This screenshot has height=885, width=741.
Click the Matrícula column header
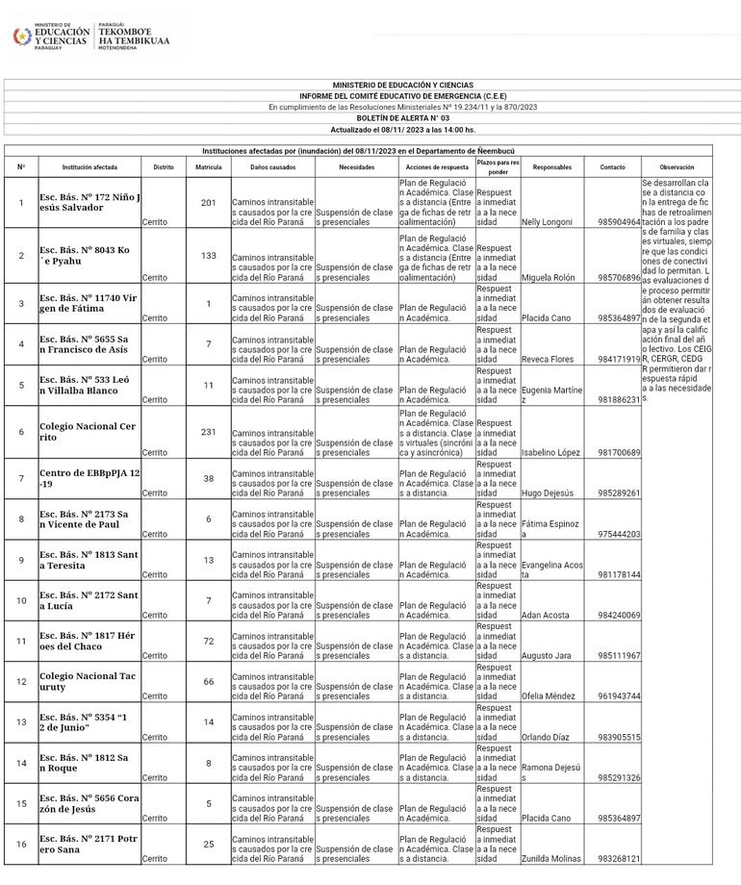click(x=209, y=167)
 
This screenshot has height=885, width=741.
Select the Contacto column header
click(x=612, y=167)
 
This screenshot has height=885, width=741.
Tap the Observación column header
click(x=677, y=167)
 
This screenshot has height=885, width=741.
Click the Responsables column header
click(x=551, y=167)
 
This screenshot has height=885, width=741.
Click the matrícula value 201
click(x=209, y=203)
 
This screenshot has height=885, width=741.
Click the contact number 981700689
click(x=619, y=452)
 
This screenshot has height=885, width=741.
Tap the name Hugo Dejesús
click(x=546, y=493)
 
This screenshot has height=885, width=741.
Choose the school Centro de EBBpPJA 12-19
click(x=89, y=478)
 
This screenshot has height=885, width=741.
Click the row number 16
click(x=21, y=844)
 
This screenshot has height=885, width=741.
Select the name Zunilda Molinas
click(x=552, y=858)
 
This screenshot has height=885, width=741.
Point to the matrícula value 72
click(x=209, y=641)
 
